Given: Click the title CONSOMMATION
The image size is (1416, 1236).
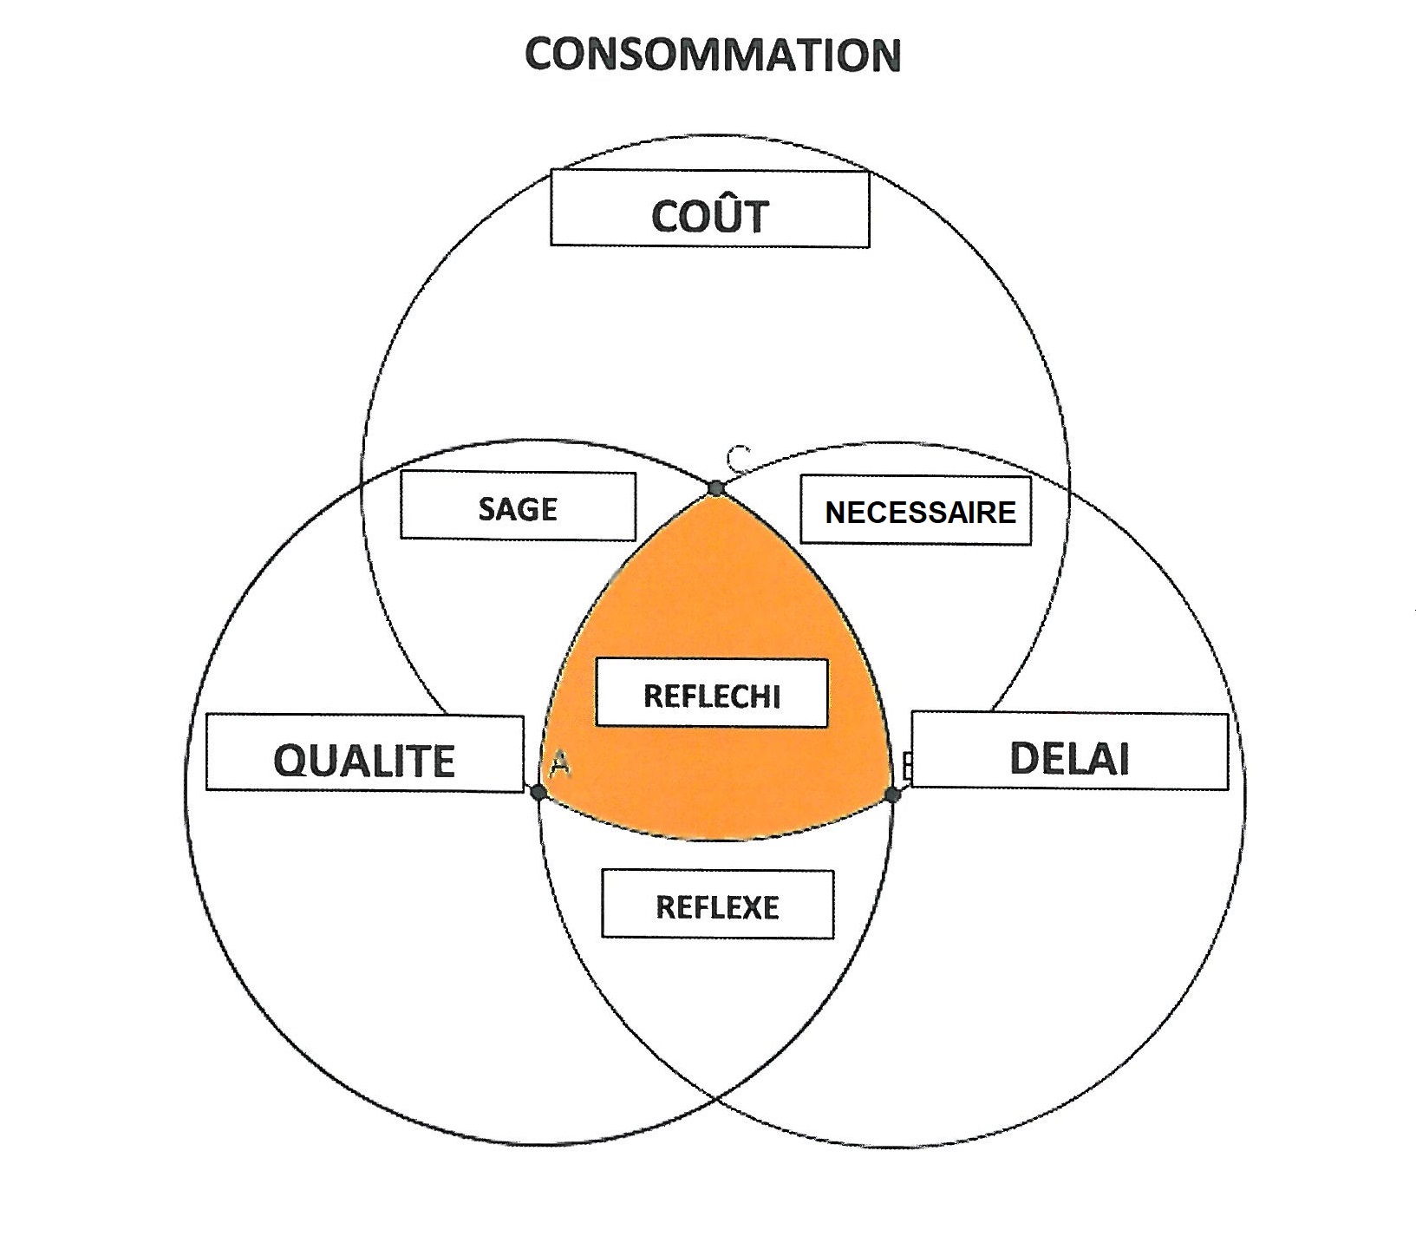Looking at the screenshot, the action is point(713,54).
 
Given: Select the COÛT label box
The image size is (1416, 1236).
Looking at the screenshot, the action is point(710,208).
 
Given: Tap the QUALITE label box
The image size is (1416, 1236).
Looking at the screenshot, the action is point(365,753).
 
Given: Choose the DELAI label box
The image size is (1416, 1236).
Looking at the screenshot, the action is point(1069,750).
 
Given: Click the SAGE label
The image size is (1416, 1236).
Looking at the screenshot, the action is point(518,506).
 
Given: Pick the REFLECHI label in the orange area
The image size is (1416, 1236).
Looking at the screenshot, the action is point(712,693).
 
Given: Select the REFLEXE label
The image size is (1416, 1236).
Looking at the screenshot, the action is point(718,905).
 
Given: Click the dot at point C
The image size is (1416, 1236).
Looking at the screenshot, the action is point(715,488).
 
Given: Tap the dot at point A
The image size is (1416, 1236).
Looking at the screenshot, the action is point(538,791).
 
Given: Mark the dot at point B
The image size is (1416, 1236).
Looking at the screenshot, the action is point(893,794).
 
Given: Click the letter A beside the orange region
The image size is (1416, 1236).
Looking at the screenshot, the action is point(559,764).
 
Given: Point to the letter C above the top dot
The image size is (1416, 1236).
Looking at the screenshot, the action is point(738,456).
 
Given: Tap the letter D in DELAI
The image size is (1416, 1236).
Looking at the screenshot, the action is point(1025,758).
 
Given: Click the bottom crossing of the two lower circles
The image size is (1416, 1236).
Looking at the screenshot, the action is point(716,1099).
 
